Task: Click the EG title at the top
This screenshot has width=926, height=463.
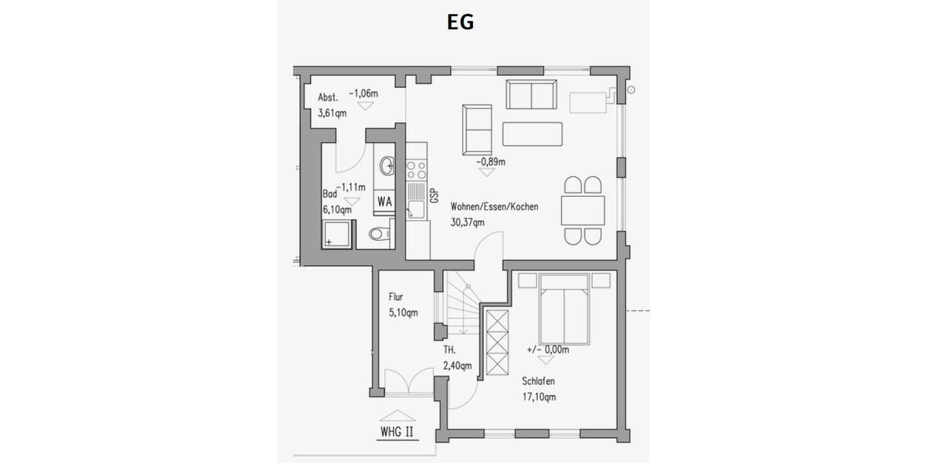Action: point(461,22)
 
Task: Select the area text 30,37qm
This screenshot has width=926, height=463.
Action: point(468,223)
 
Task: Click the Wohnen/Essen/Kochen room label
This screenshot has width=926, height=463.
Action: point(495,207)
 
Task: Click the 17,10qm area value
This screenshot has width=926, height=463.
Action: point(538,397)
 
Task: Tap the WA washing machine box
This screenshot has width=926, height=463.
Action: point(384,201)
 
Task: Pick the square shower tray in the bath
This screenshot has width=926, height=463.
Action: point(336,234)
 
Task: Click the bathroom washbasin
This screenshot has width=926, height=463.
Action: point(387,164)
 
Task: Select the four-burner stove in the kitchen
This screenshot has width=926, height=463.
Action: point(417,167)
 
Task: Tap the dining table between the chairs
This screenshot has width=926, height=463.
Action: point(583,211)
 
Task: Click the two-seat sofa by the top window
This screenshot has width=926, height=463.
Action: point(531,94)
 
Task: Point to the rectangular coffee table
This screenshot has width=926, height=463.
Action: point(532,133)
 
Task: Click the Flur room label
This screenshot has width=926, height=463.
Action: point(396,296)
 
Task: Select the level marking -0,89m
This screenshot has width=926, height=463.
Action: point(491,162)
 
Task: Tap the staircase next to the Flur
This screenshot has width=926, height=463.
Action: point(461,305)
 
